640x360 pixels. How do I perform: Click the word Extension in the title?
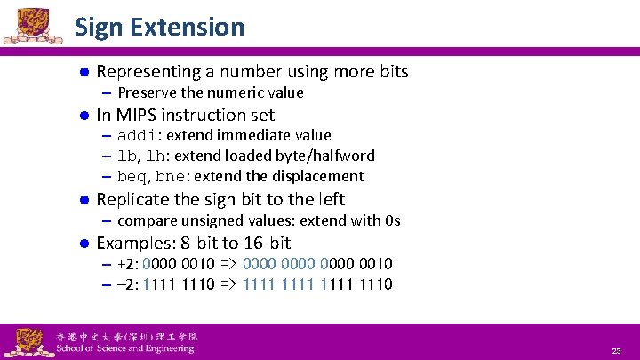[186, 27]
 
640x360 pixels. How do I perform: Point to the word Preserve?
[147, 92]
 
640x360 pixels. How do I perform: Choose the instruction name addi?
[138, 135]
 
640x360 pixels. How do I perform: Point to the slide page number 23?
[616, 351]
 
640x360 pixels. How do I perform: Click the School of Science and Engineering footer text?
[124, 348]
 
